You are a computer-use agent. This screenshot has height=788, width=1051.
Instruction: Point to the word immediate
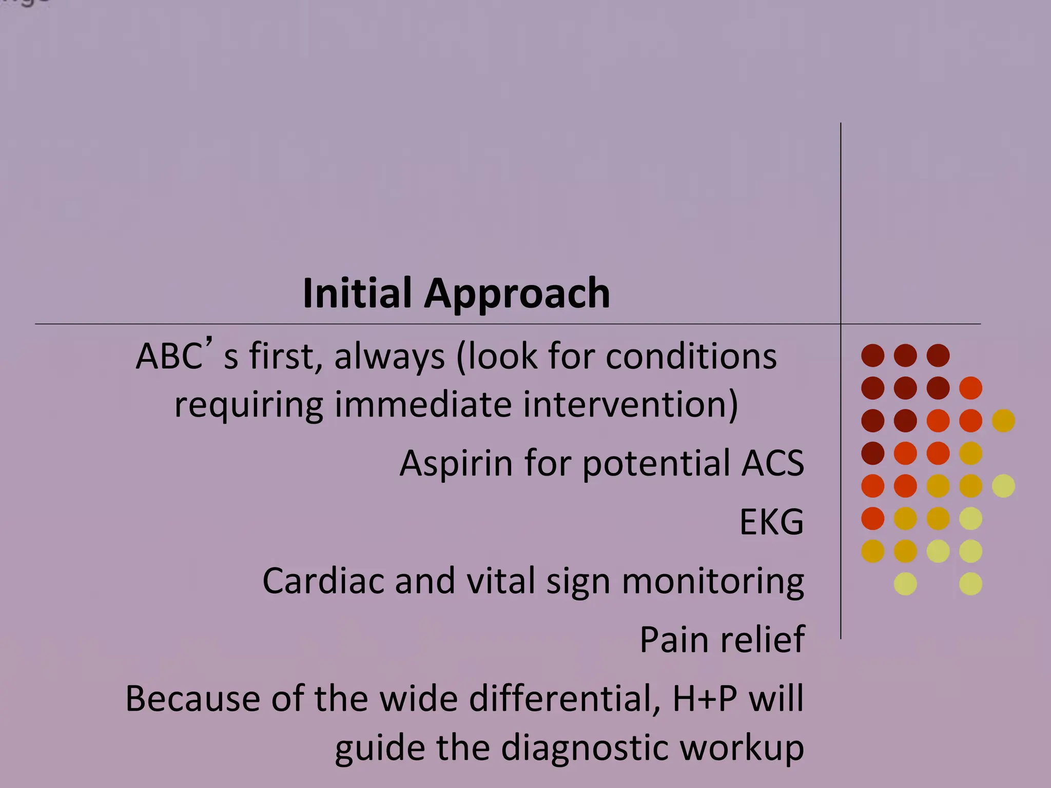coord(423,404)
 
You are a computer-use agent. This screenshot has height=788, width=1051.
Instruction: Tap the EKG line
coord(771,522)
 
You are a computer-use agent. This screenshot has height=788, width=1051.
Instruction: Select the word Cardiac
coord(323,581)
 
